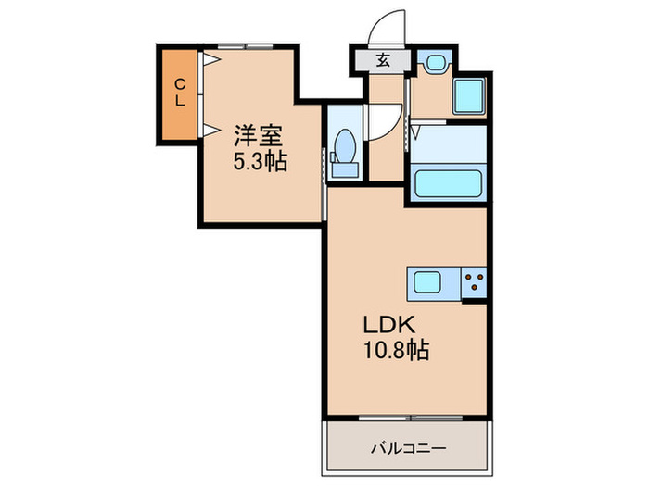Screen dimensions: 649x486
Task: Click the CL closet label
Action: [x=179, y=93]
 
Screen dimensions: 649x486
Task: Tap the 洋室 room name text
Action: [x=259, y=135]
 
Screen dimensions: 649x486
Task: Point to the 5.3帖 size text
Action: [x=261, y=161]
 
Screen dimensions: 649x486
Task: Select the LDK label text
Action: [x=389, y=325]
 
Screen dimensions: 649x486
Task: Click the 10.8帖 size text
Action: [x=396, y=350]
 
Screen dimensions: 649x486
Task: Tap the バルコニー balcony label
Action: [x=409, y=448]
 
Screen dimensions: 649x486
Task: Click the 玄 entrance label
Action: [x=383, y=61]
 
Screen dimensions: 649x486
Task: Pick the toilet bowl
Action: [x=345, y=146]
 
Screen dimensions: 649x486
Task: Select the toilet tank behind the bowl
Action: [x=346, y=170]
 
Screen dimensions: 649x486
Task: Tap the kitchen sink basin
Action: [x=427, y=282]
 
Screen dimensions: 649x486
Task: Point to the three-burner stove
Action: [x=474, y=282]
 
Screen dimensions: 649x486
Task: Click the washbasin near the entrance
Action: [x=435, y=63]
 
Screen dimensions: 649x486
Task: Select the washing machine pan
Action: [x=469, y=96]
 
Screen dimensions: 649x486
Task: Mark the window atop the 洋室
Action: [x=246, y=46]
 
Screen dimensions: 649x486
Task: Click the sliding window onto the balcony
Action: [x=411, y=418]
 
